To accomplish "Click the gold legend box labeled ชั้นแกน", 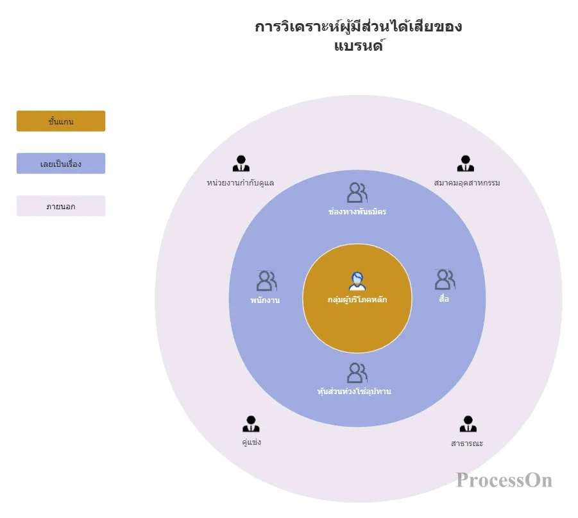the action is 61,121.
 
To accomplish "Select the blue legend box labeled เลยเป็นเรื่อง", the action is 61,164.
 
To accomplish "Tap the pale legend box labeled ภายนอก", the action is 61,206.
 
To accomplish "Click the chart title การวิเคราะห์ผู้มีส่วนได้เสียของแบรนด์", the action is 359,36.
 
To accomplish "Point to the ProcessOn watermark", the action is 504,480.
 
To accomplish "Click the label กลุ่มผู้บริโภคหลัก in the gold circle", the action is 357,299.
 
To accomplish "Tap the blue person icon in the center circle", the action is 357,282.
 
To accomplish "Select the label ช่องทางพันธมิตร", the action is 357,212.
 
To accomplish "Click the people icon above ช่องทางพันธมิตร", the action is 357,193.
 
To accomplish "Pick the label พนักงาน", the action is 265,300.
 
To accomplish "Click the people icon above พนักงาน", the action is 266,281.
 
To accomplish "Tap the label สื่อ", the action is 444,298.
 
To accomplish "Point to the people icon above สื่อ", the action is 445,279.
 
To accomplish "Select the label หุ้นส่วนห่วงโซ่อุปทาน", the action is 354,391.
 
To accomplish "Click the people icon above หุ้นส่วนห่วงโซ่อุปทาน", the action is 357,373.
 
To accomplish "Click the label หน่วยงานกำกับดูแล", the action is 241,183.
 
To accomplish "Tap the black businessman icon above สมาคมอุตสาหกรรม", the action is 466,163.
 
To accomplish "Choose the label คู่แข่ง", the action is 251,442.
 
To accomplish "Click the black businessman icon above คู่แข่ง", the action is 251,424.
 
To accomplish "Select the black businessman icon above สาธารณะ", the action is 468,424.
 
